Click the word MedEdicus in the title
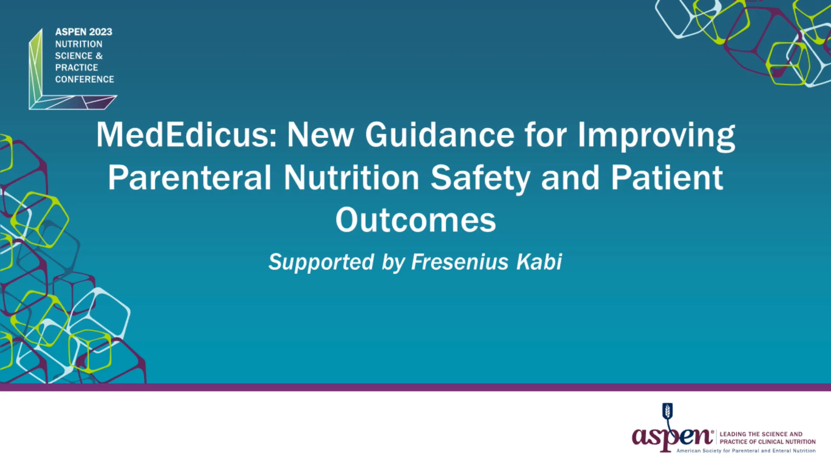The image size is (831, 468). click(x=187, y=135)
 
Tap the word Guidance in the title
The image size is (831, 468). click(x=440, y=135)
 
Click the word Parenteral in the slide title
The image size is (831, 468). click(x=190, y=178)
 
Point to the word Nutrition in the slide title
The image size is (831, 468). click(x=351, y=178)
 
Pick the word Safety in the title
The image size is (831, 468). click(x=480, y=179)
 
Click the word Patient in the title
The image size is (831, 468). click(x=667, y=178)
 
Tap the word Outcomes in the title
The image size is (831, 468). click(x=415, y=220)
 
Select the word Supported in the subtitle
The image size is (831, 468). click(x=321, y=263)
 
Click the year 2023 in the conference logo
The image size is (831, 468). click(x=100, y=32)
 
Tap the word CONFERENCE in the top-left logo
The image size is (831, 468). click(x=84, y=79)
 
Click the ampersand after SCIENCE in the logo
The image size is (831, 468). click(x=99, y=56)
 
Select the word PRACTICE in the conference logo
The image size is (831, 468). click(x=77, y=68)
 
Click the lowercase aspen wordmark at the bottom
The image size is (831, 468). click(x=672, y=437)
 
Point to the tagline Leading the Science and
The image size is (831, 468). click(x=761, y=434)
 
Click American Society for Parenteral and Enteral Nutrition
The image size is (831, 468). click(x=746, y=451)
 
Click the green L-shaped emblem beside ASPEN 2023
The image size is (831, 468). click(x=35, y=69)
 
